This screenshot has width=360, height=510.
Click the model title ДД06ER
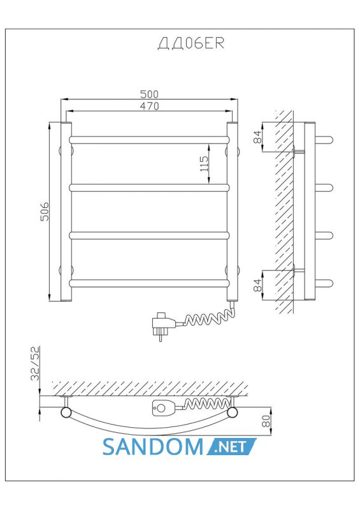click(191, 43)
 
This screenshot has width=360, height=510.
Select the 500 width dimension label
click(149, 94)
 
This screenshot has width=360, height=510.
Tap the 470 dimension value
click(149, 106)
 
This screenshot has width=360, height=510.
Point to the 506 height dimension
click(44, 212)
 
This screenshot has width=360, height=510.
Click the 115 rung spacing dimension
click(204, 164)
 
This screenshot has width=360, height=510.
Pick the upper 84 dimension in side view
click(257, 136)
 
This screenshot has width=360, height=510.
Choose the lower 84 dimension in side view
click(257, 285)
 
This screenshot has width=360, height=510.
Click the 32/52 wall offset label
click(35, 363)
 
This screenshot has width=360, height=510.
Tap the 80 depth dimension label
click(266, 421)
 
